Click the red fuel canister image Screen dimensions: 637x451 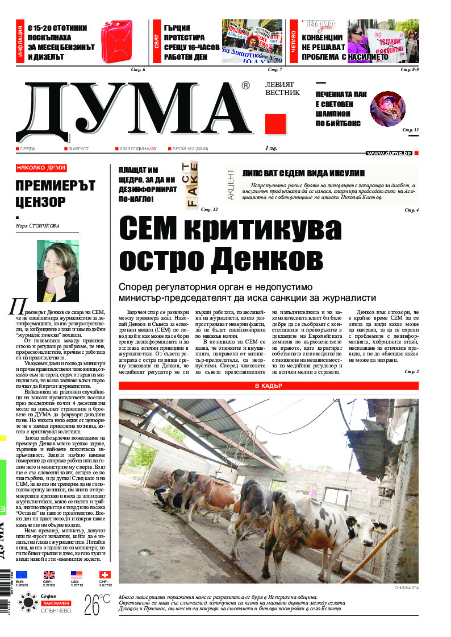116,40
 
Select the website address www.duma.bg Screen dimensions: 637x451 389,153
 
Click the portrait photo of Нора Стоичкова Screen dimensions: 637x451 57,271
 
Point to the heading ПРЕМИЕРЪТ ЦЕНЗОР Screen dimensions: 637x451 48,193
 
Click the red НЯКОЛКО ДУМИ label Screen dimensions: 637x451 41,168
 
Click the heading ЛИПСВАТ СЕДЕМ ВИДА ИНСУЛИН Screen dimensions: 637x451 303,173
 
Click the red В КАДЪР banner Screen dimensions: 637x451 269,387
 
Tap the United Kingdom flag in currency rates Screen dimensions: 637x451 49,575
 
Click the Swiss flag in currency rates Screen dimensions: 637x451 105,575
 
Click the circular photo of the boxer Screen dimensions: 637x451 387,109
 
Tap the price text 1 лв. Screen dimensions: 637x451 272,148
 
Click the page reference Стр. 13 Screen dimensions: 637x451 411,130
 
